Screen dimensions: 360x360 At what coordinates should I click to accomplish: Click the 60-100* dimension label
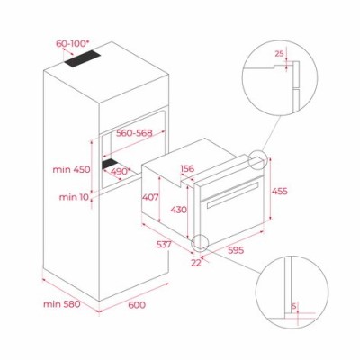(x=73, y=42)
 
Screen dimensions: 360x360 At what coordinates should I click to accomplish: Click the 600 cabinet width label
(x=137, y=306)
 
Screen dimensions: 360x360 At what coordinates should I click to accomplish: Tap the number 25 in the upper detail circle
(x=279, y=55)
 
